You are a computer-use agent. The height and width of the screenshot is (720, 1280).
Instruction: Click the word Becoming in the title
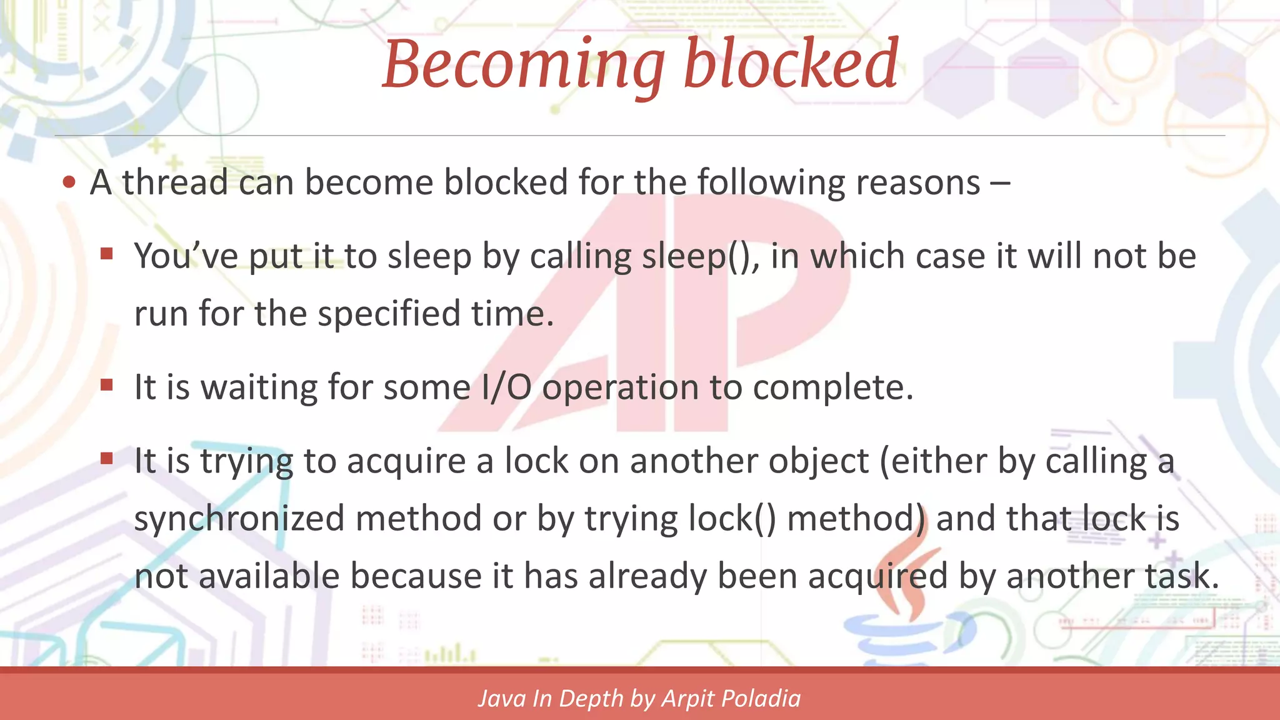pyautogui.click(x=524, y=65)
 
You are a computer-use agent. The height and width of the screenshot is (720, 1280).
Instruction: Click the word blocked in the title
pyautogui.click(x=791, y=64)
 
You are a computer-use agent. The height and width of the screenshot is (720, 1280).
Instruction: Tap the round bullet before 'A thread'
pyautogui.click(x=69, y=182)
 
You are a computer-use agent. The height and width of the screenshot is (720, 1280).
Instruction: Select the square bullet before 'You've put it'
pyautogui.click(x=107, y=254)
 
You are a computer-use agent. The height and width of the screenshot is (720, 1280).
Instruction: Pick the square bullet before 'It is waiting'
pyautogui.click(x=107, y=385)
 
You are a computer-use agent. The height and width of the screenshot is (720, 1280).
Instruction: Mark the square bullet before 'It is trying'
pyautogui.click(x=107, y=459)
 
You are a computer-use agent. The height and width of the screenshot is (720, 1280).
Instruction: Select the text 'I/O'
pyautogui.click(x=506, y=387)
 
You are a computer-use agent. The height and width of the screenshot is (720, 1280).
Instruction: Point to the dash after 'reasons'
pyautogui.click(x=1000, y=184)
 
